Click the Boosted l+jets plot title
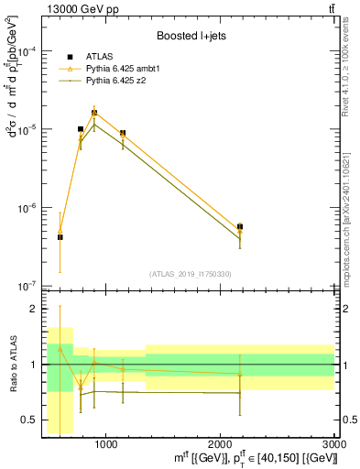coord(188,36)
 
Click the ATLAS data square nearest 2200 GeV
coord(240,226)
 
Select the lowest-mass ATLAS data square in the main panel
coord(60,237)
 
